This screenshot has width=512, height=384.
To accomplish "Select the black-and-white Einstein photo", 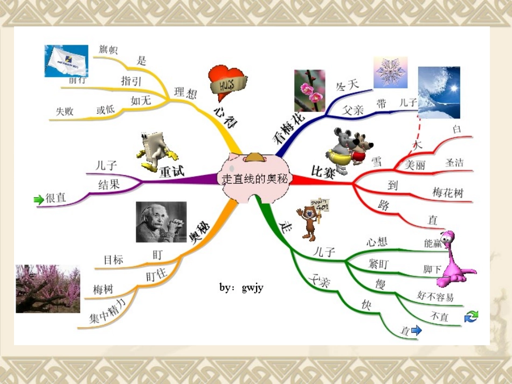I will point(161,222).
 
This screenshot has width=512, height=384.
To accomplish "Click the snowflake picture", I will point(391,72).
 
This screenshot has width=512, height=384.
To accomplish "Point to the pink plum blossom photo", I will point(309,90).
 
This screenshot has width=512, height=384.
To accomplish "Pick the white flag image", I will point(66,60).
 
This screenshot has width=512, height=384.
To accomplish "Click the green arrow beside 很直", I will point(38,200).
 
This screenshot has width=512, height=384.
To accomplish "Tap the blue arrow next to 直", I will point(416,331).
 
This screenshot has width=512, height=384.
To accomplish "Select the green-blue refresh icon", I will point(471,317).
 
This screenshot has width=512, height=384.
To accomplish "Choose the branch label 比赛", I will point(323,172).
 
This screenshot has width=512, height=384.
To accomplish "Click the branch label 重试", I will point(171,172).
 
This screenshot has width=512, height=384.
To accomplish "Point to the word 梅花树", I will point(447,192).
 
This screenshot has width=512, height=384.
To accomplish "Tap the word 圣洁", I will point(454,162).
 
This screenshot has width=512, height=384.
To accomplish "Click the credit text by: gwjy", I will point(241,288).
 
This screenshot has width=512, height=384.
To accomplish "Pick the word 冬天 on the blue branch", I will point(347,85).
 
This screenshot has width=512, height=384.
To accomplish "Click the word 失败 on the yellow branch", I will point(64,111).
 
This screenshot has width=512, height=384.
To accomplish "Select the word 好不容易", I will point(435,296).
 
